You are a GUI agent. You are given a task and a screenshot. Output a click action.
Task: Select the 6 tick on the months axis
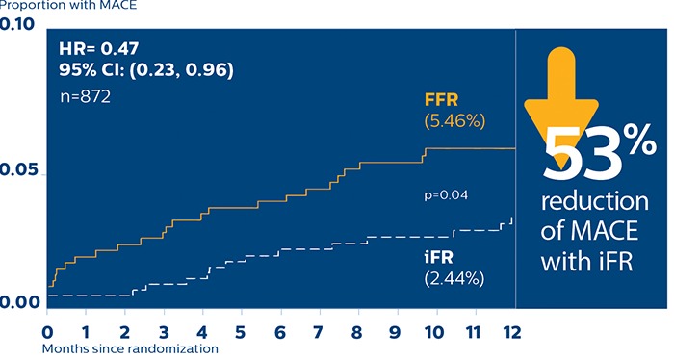(x=280, y=331)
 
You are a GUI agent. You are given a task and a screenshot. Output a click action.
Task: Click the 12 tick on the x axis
(x=510, y=331)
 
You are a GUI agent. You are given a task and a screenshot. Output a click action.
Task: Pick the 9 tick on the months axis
(x=395, y=331)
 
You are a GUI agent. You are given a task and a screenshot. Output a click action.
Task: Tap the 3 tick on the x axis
(x=164, y=331)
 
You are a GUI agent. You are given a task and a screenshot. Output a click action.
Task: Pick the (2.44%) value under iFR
(x=454, y=278)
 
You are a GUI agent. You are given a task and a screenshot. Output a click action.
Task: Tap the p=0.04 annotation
(x=446, y=195)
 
